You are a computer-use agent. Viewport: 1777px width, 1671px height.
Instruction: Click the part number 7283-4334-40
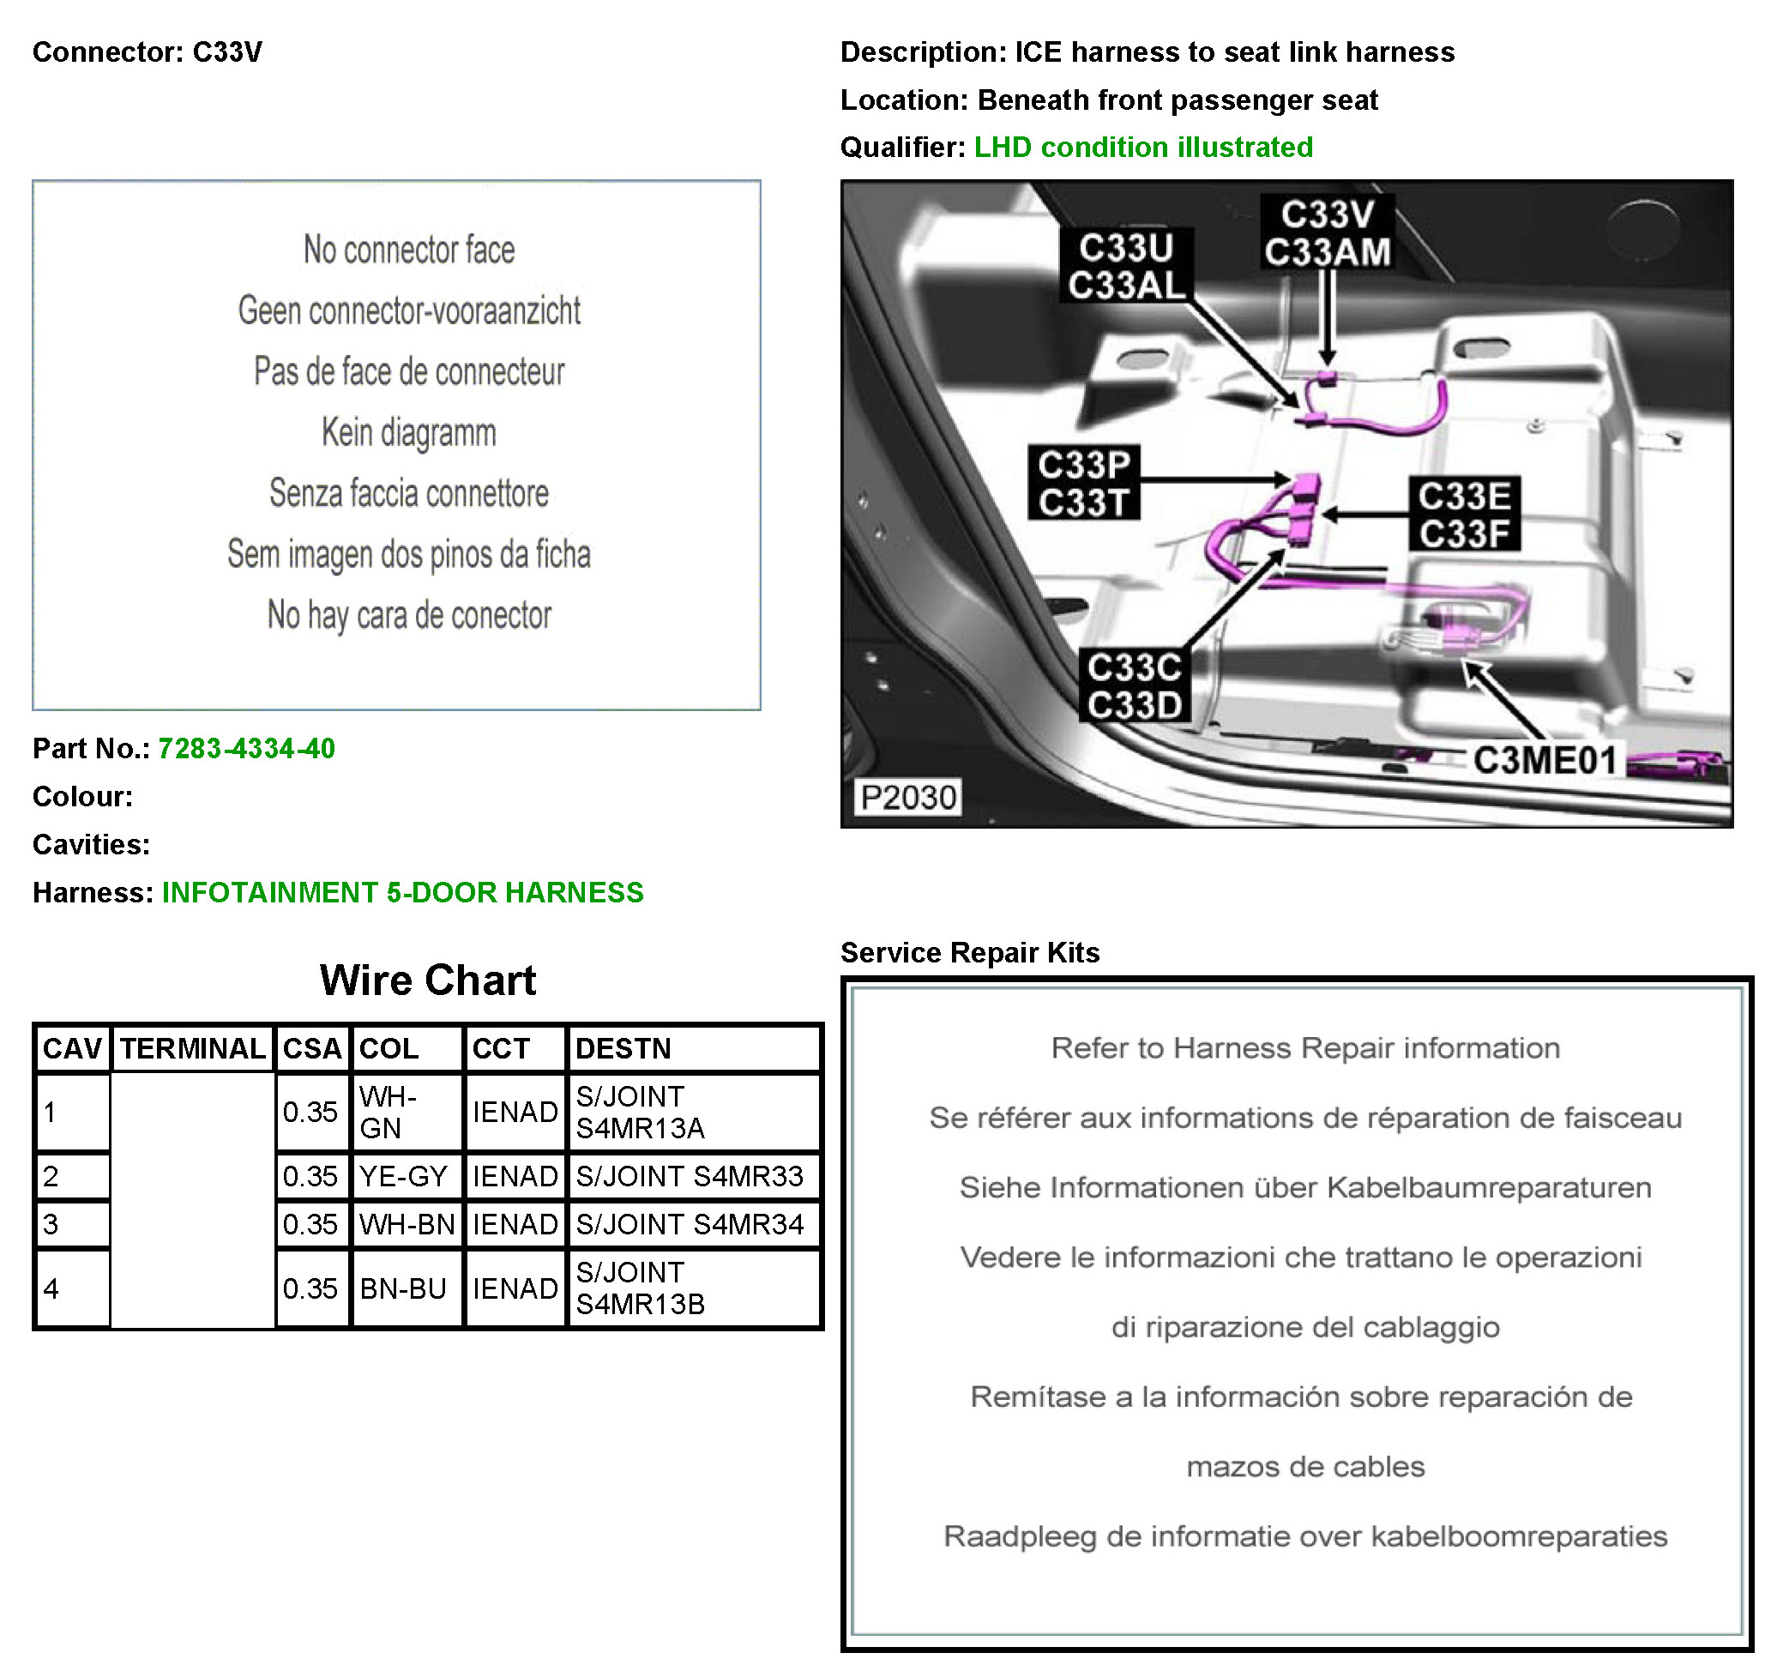(x=246, y=748)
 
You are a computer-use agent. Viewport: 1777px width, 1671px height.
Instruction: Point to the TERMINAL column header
(x=192, y=1048)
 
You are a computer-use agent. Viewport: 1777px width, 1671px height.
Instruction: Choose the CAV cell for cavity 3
(x=72, y=1224)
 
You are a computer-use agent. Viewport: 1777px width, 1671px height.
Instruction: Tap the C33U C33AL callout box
(x=1125, y=267)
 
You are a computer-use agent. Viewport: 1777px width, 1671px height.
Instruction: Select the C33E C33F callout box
(x=1463, y=514)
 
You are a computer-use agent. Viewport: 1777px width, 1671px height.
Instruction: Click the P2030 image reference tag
(x=908, y=797)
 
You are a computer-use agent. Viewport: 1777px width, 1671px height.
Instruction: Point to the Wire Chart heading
(x=427, y=980)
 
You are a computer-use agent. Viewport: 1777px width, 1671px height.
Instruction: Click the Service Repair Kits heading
(x=970, y=953)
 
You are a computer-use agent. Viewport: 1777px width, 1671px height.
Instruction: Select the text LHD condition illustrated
(x=1142, y=148)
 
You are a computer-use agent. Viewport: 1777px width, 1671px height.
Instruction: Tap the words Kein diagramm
(x=408, y=432)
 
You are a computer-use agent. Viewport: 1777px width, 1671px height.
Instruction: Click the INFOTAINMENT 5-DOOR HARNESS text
(x=402, y=892)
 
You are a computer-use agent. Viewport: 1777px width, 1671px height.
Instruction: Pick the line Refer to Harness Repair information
(x=1304, y=1048)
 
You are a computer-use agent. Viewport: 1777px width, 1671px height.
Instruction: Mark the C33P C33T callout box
(x=1083, y=484)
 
